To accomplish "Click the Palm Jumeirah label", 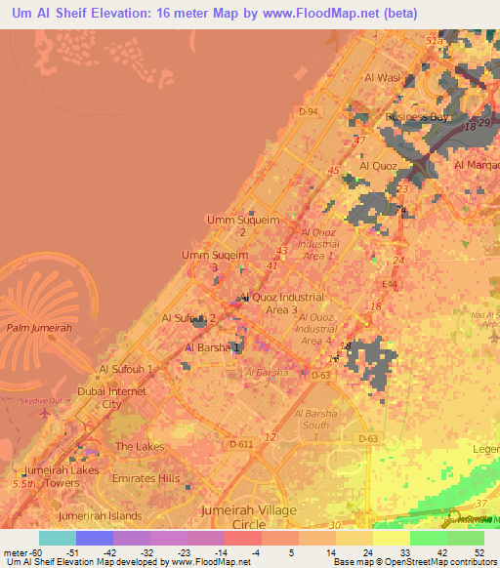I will pyautogui.click(x=39, y=329).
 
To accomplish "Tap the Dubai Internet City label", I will pyautogui.click(x=111, y=397).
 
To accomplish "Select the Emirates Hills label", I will pyautogui.click(x=147, y=478).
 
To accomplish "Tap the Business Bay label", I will pyautogui.click(x=417, y=117).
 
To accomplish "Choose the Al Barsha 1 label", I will pyautogui.click(x=212, y=346).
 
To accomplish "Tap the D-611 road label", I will pyautogui.click(x=240, y=444).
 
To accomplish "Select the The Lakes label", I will pyautogui.click(x=140, y=446).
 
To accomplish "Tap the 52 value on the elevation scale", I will pyautogui.click(x=479, y=552).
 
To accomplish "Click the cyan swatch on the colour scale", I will pyautogui.click(x=57, y=538).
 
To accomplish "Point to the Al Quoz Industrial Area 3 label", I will pyautogui.click(x=282, y=303).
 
